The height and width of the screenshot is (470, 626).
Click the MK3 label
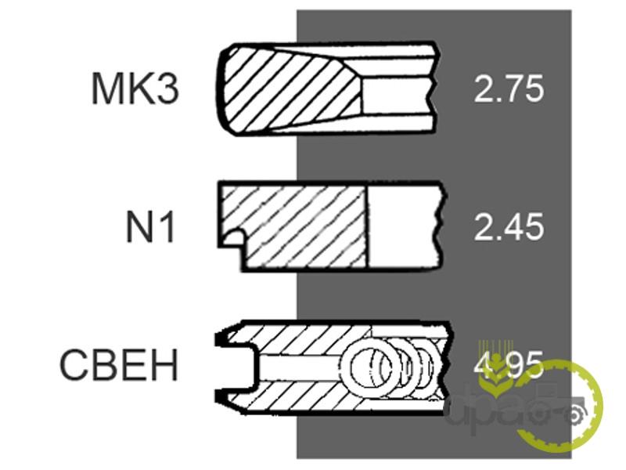(135, 88)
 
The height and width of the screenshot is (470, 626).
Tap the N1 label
(150, 226)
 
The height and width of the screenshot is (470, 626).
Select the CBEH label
(119, 365)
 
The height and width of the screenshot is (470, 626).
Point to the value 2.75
(509, 89)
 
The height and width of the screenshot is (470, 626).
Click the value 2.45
(509, 226)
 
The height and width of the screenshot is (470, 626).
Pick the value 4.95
(509, 365)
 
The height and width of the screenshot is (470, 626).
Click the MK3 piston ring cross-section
(327, 88)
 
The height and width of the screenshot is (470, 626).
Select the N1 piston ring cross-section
(330, 226)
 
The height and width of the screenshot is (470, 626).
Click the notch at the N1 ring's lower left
(232, 239)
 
